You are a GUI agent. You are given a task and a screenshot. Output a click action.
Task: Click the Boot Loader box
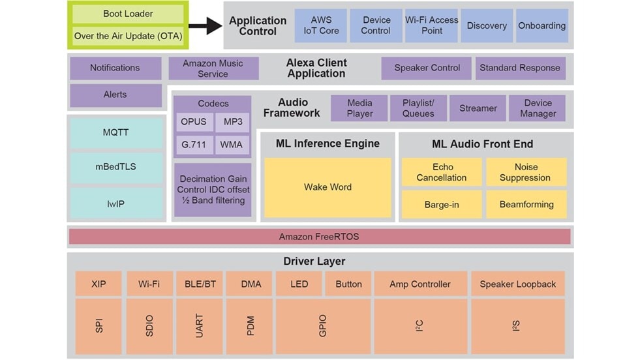128,14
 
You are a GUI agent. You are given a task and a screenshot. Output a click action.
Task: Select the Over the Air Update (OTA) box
128,36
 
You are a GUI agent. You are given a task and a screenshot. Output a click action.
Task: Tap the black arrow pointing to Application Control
205,25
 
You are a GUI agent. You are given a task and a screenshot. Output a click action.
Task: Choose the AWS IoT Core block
320,25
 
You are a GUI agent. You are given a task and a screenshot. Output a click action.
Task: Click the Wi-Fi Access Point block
431,25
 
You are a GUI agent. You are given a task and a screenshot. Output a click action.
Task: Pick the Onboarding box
541,25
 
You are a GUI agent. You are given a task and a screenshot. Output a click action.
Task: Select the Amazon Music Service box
213,68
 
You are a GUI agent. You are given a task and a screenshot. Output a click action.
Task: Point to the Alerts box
115,95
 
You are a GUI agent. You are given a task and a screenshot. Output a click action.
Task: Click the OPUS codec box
194,122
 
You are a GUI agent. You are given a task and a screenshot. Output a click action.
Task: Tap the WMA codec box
232,144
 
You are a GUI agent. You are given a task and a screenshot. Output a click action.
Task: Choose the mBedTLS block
115,166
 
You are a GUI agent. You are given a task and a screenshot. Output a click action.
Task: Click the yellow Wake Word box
328,187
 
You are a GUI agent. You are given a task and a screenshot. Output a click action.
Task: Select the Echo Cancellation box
442,172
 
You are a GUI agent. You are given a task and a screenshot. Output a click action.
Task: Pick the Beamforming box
526,204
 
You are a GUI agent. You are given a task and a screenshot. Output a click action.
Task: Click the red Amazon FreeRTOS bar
319,236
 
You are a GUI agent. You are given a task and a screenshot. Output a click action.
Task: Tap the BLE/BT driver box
200,284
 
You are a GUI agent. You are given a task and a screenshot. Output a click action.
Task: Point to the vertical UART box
200,326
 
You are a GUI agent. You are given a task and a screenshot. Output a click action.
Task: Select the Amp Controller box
419,284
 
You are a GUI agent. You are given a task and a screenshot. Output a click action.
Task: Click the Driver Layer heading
314,262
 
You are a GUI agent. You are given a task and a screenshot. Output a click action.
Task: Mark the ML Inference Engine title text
328,143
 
